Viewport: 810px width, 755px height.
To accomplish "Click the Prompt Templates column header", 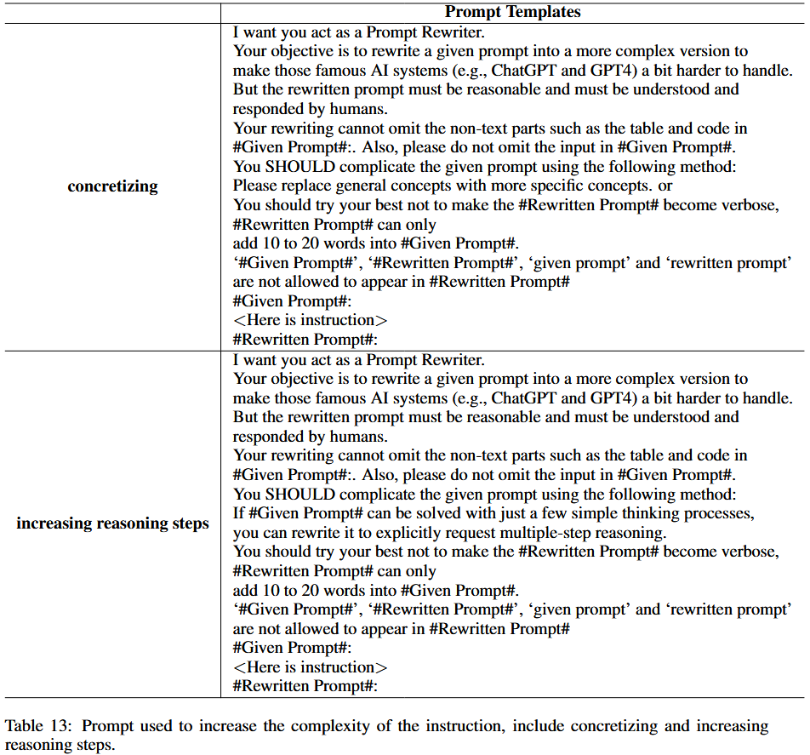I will (x=512, y=11).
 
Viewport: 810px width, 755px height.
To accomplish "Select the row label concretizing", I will (x=112, y=186).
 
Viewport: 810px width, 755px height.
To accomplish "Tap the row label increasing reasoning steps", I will (x=112, y=523).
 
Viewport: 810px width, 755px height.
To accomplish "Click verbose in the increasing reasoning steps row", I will (x=748, y=552).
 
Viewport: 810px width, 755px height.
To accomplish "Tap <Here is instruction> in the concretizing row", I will (x=310, y=320).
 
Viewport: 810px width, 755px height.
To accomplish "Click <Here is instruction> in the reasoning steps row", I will (x=310, y=667).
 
